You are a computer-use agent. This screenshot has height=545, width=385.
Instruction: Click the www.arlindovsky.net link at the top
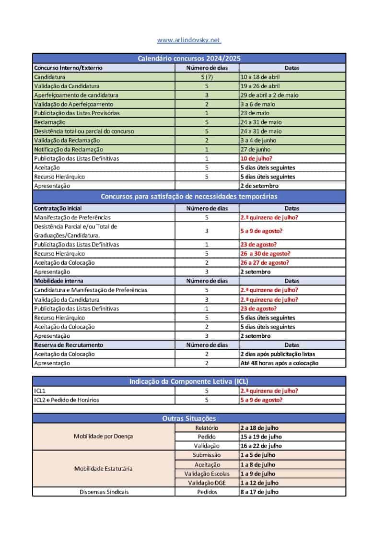pyautogui.click(x=189, y=40)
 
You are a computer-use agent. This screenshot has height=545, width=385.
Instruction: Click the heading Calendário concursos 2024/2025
pyautogui.click(x=189, y=58)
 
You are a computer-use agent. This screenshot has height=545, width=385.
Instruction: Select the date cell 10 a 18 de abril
pyautogui.click(x=260, y=77)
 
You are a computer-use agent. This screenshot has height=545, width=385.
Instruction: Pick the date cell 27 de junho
pyautogui.click(x=257, y=149)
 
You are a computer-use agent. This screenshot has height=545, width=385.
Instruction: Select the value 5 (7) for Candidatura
pyautogui.click(x=207, y=77)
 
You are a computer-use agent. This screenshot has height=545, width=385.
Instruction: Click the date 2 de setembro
pyautogui.click(x=259, y=186)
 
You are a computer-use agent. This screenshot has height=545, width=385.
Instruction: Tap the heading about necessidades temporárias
pyautogui.click(x=189, y=196)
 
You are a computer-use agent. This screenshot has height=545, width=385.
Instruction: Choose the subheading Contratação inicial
pyautogui.click(x=58, y=208)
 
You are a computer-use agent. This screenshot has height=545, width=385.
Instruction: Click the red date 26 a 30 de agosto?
pyautogui.click(x=265, y=253)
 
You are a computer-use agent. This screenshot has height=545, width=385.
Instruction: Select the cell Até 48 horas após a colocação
pyautogui.click(x=279, y=363)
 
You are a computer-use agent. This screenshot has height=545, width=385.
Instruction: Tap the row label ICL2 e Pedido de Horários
pyautogui.click(x=67, y=400)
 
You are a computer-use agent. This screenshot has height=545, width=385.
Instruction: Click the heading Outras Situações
pyautogui.click(x=189, y=419)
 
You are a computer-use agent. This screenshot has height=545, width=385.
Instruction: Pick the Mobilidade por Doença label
pyautogui.click(x=103, y=437)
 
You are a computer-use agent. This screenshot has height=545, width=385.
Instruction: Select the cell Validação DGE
pyautogui.click(x=207, y=483)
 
